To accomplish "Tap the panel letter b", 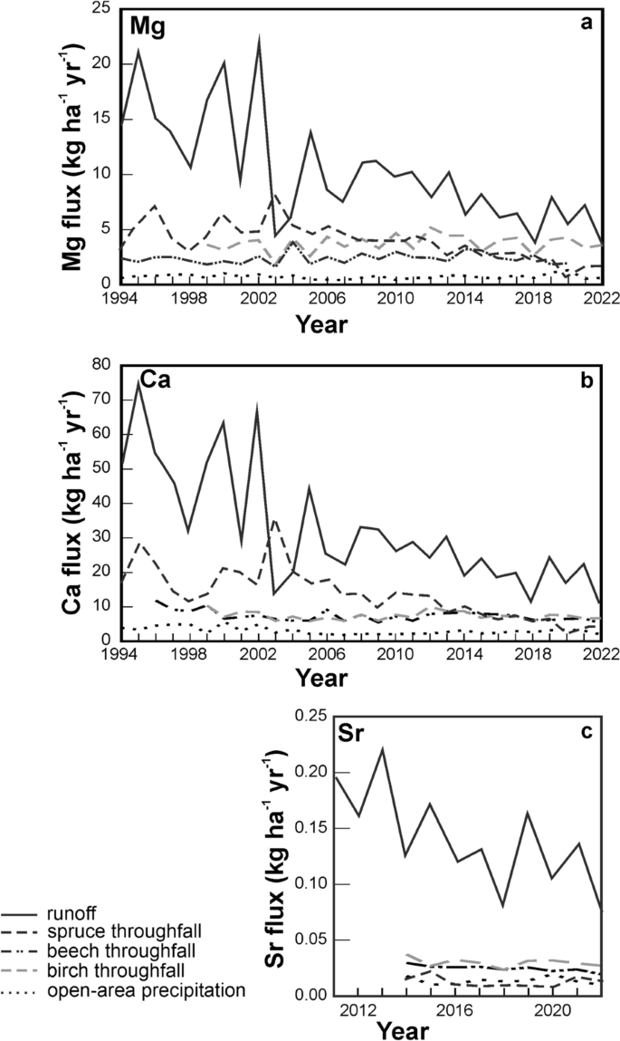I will pos(586,381).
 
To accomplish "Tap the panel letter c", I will pos(586,730).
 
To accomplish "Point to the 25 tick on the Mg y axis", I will pos(102,9).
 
